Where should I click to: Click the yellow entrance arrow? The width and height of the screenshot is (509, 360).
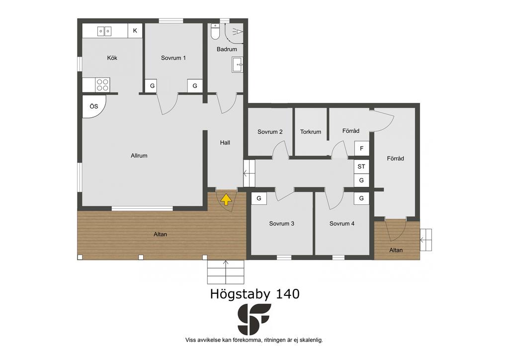226,200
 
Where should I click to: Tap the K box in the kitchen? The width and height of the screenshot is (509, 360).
135,31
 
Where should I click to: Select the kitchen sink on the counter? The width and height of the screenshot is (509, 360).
104,31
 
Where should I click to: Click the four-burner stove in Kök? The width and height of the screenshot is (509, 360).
102,85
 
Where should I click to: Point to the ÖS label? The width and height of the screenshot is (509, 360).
94,106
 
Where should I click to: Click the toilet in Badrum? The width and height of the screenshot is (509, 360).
215,31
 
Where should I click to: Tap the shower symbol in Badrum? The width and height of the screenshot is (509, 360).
238,31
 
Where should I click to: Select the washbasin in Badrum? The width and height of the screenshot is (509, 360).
237,65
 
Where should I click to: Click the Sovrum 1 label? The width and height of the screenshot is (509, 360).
173,58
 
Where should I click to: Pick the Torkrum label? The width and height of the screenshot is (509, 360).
311,132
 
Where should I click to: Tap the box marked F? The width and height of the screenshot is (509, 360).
362,149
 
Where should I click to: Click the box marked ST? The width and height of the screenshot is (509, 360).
361,167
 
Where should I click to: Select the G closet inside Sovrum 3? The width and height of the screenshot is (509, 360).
258,198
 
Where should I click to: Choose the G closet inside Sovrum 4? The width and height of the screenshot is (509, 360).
361,198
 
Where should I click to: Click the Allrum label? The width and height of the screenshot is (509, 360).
139,156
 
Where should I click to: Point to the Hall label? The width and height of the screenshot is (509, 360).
225,143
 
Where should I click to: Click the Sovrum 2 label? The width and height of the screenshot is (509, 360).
270,132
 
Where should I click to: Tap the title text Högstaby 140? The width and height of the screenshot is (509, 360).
255,294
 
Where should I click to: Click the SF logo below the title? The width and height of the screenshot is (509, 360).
254,319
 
